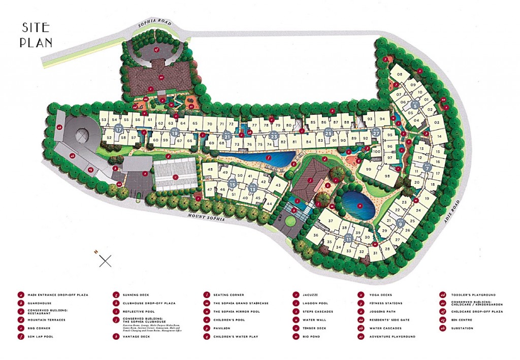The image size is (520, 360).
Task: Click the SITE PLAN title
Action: (x=37, y=35)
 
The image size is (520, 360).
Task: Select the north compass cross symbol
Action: (x=105, y=261)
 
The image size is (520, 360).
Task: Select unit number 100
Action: (x=376, y=151)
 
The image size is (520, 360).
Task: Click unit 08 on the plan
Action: (x=400, y=75)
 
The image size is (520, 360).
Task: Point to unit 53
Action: (x=104, y=119)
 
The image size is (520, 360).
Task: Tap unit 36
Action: (x=315, y=235)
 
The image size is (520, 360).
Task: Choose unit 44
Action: (x=269, y=203)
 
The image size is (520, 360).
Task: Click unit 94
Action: (x=382, y=119)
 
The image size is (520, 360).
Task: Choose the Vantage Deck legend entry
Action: (x=137, y=336)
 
